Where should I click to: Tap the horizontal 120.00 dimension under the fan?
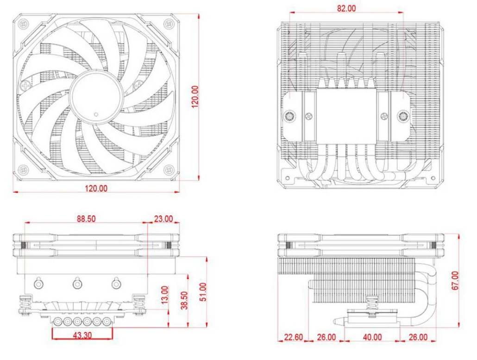point(95,189)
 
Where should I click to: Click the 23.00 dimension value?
point(163,218)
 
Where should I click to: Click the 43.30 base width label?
point(82,334)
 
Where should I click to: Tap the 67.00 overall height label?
point(455,280)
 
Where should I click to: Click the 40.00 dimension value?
point(372,337)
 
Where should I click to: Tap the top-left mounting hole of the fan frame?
point(22,22)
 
